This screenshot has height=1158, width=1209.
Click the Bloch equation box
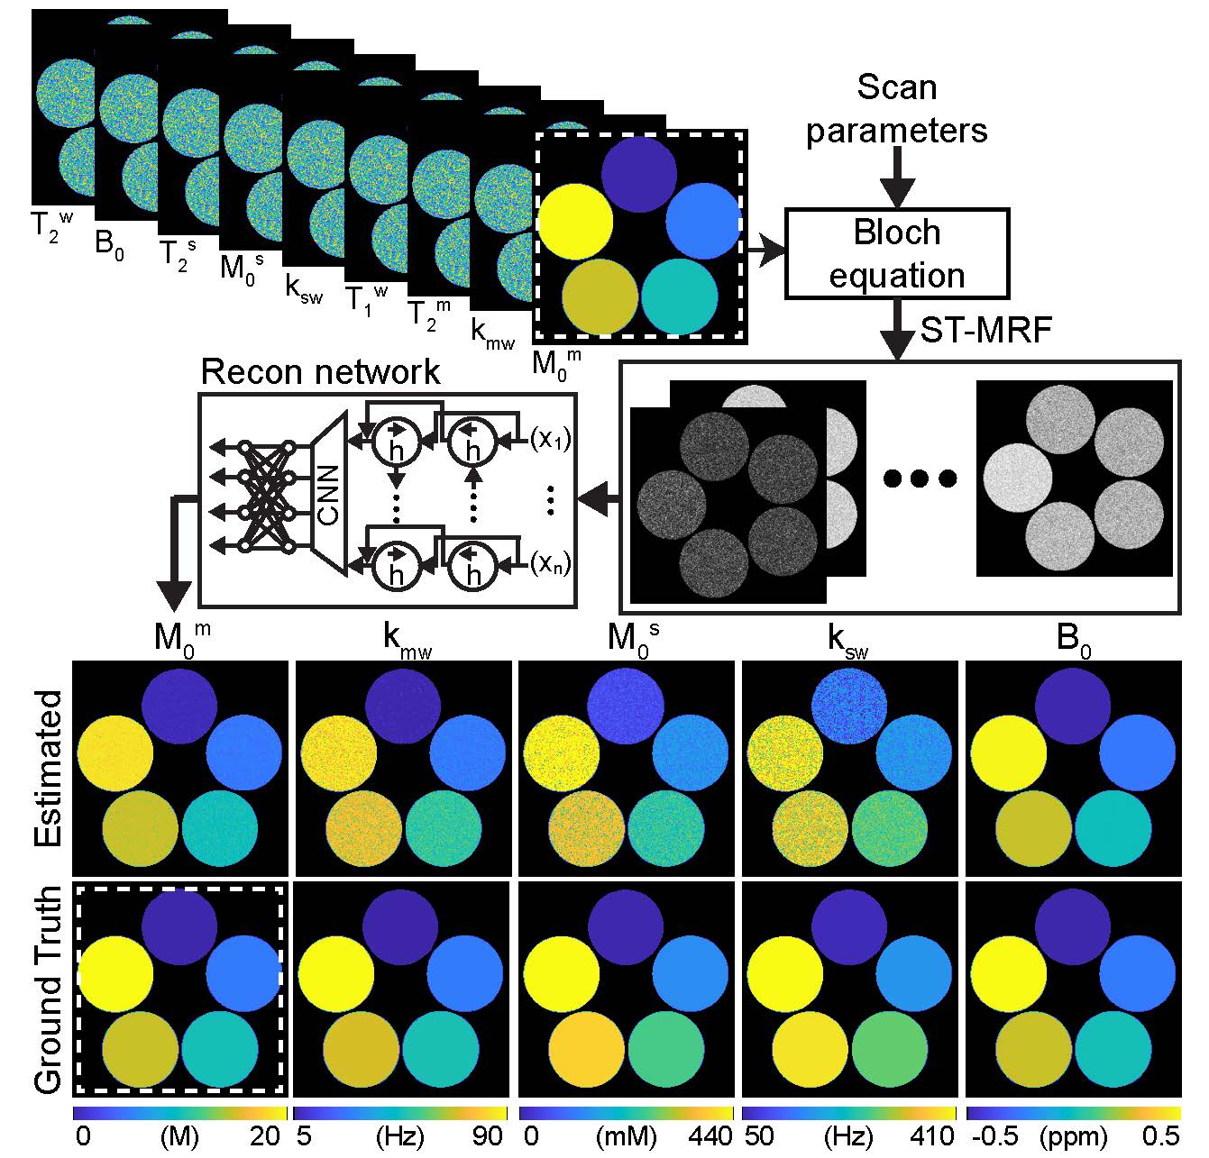point(896,253)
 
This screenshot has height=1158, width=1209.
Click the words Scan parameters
point(896,109)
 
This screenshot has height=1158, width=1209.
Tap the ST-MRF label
point(985,332)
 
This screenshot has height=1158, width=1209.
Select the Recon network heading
point(320,371)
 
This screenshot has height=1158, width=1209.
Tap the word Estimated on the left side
point(50,768)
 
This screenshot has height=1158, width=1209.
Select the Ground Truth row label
point(50,989)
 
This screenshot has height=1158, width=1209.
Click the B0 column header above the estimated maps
point(1073,642)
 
